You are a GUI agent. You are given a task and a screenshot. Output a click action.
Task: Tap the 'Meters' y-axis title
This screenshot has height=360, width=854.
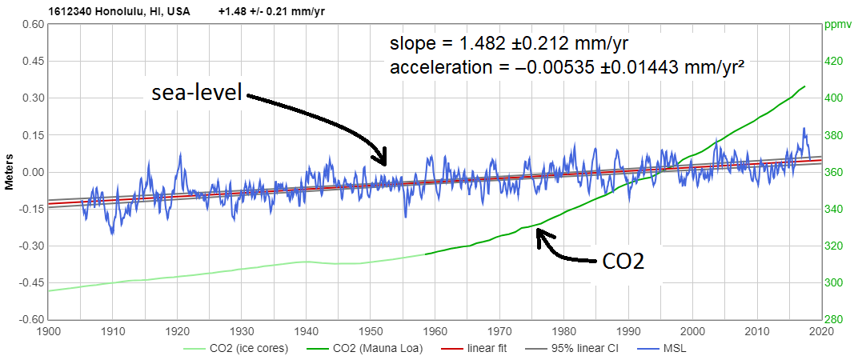pyautogui.click(x=10, y=172)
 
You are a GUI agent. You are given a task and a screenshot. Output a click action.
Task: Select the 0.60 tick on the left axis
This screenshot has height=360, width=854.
pyautogui.click(x=32, y=24)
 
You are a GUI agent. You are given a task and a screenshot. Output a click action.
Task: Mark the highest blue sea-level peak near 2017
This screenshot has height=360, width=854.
pyautogui.click(x=804, y=128)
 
